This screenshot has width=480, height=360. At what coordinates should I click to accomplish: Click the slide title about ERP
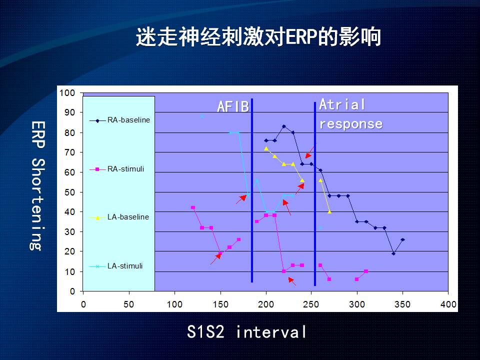[258, 36]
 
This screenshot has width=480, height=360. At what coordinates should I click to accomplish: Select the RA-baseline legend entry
[119, 120]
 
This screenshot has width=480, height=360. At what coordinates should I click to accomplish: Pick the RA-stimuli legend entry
[116, 169]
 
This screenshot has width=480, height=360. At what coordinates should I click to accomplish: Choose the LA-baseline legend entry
[119, 217]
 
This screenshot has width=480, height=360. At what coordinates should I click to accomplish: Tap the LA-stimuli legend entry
[116, 266]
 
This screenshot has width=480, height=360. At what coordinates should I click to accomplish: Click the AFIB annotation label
[233, 106]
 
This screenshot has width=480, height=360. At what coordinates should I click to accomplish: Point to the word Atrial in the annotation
[342, 104]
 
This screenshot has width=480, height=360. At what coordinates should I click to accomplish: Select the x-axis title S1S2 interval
[246, 331]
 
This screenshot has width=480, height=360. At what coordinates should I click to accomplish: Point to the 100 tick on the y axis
[67, 93]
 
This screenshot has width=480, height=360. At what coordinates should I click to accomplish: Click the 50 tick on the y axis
[70, 192]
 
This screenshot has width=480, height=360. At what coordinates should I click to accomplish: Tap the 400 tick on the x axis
[448, 304]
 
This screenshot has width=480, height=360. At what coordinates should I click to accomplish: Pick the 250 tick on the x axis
[311, 304]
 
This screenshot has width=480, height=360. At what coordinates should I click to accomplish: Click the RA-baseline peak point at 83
[284, 126]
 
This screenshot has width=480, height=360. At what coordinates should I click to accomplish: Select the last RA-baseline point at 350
[402, 239]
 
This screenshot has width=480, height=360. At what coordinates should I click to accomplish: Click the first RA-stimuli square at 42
[193, 207]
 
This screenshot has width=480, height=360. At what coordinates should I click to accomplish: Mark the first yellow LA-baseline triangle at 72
[266, 148]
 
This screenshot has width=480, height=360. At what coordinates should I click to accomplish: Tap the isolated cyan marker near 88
[202, 116]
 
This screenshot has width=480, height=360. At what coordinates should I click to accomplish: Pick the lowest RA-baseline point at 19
[393, 253]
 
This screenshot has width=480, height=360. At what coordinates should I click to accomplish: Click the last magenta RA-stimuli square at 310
[366, 271]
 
